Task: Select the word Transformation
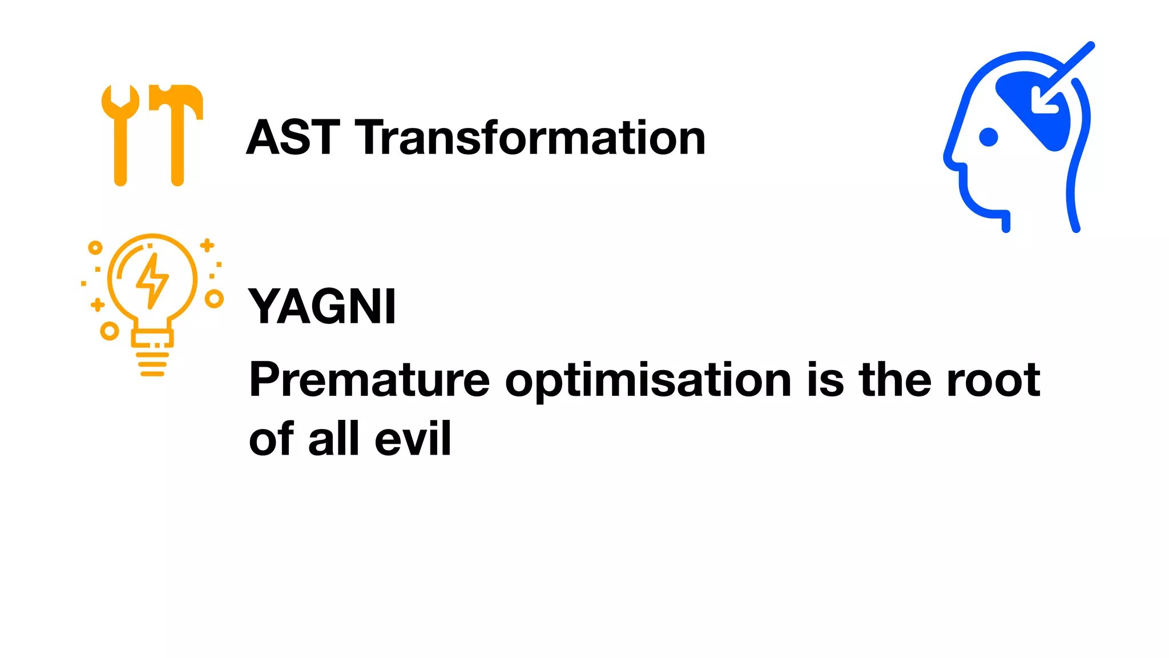[x=530, y=138]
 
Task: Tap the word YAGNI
[x=322, y=307]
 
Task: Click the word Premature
[x=369, y=380]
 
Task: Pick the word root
[x=993, y=380]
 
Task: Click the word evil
[x=413, y=439]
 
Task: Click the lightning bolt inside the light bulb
[x=152, y=280]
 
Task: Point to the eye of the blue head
[x=988, y=137]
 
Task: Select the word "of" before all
[x=271, y=439]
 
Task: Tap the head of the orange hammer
[x=176, y=97]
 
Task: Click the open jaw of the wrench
[x=120, y=95]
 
